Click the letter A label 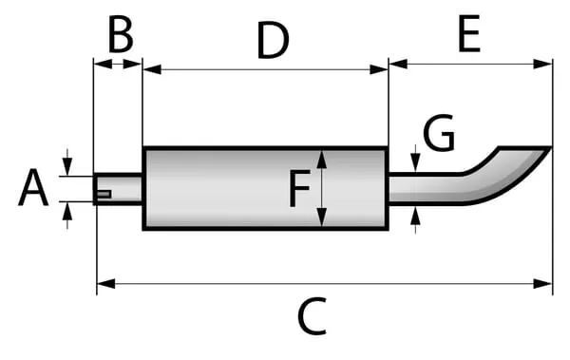pyautogui.click(x=33, y=188)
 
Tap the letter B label pyautogui.click(x=121, y=35)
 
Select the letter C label pyautogui.click(x=313, y=316)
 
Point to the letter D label pyautogui.click(x=273, y=40)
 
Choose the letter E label pyautogui.click(x=469, y=34)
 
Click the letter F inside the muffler pyautogui.click(x=299, y=188)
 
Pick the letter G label pyautogui.click(x=439, y=132)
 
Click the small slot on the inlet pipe pyautogui.click(x=104, y=194)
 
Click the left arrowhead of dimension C pyautogui.click(x=106, y=284)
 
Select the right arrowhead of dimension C pyautogui.click(x=542, y=284)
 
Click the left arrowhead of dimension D pyautogui.click(x=152, y=69)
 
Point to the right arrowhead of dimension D pyautogui.click(x=379, y=69)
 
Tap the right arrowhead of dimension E pyautogui.click(x=542, y=65)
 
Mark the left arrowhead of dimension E pyautogui.click(x=398, y=65)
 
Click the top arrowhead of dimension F pyautogui.click(x=322, y=159)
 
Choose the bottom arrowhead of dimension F pyautogui.click(x=322, y=218)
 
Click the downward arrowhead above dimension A pyautogui.click(x=67, y=167)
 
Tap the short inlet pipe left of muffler pyautogui.click(x=118, y=189)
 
